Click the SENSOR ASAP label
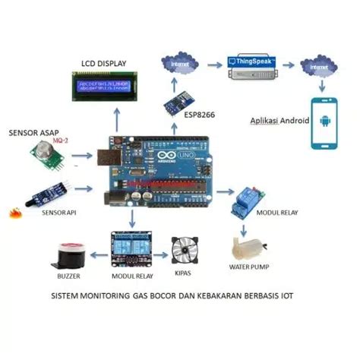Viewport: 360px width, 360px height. coord(34,132)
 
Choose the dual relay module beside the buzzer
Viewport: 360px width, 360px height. coord(131,247)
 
